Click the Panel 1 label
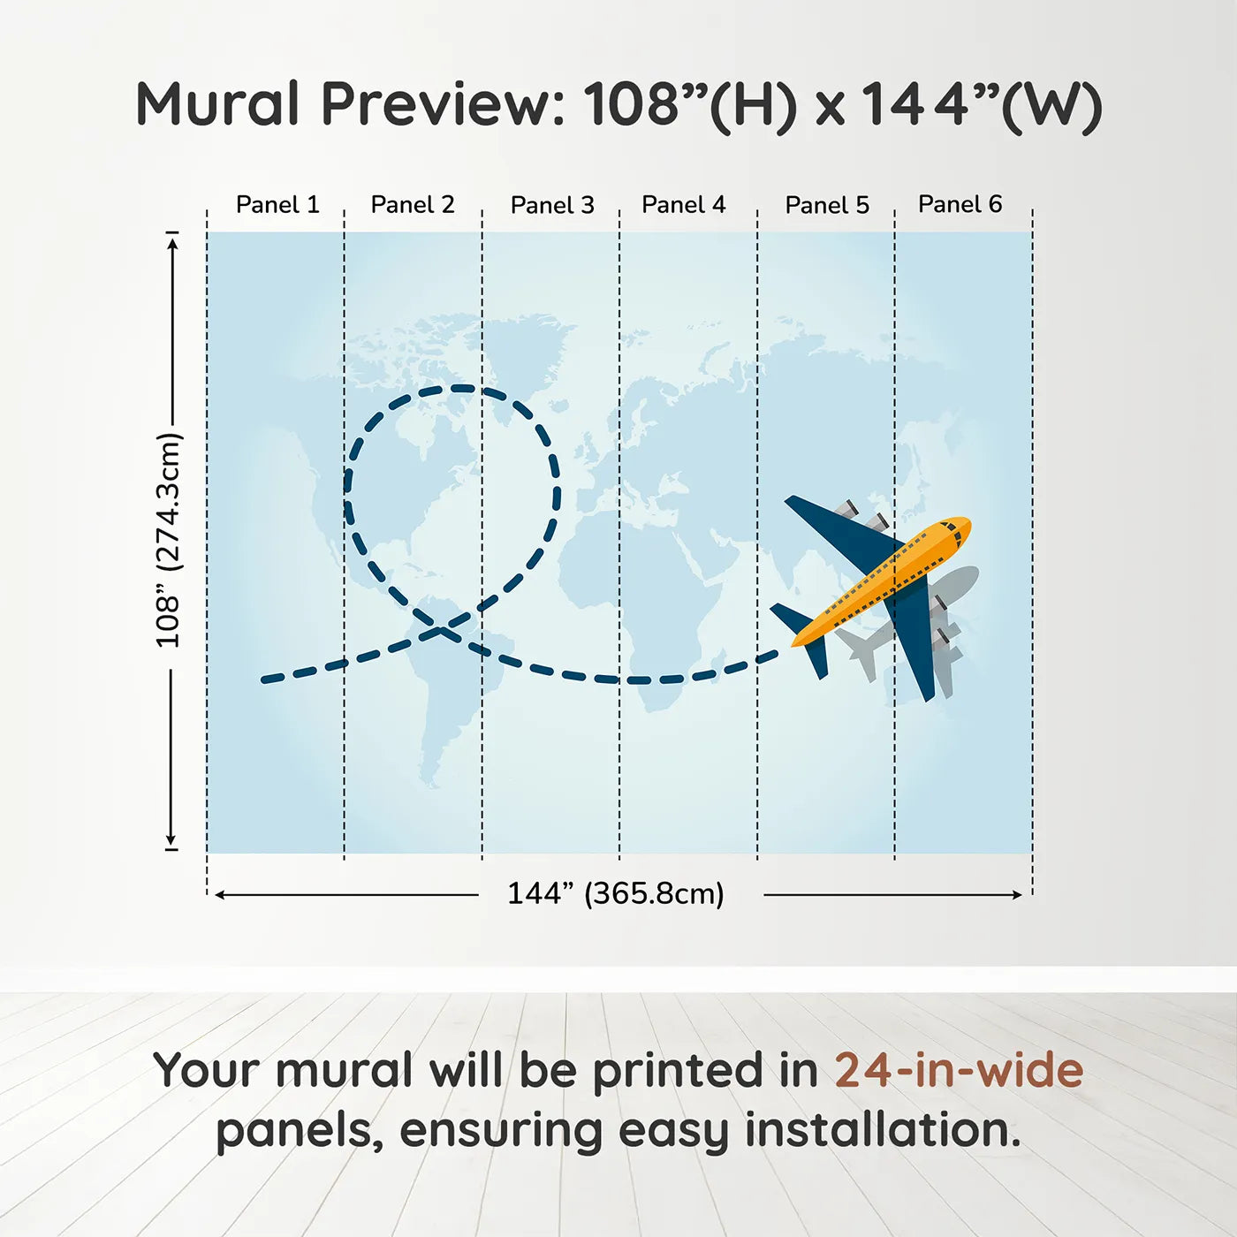tap(277, 205)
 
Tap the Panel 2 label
tap(413, 205)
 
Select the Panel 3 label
tap(552, 205)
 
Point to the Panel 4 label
tap(684, 205)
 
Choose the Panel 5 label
tap(827, 205)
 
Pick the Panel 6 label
tap(960, 204)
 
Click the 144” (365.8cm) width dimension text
tap(616, 893)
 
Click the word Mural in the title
tap(217, 104)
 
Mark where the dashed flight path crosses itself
tap(443, 629)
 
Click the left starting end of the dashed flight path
tap(264, 679)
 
